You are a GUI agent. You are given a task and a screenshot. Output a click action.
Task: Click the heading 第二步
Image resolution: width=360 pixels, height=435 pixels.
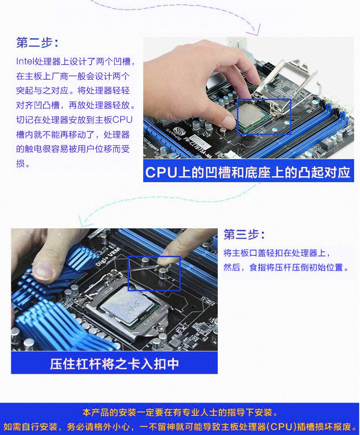point(37,43)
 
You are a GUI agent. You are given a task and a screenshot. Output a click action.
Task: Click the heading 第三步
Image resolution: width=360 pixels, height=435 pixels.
point(244,235)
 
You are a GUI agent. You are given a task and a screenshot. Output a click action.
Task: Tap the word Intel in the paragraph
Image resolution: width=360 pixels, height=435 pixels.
point(25,61)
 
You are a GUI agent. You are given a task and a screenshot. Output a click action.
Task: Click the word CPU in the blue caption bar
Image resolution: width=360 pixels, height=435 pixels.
point(161,172)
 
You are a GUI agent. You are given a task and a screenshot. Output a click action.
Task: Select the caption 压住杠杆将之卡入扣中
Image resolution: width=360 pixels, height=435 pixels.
point(114,364)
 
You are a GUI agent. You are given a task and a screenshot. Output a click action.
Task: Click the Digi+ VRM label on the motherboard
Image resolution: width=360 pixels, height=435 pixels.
point(107,256)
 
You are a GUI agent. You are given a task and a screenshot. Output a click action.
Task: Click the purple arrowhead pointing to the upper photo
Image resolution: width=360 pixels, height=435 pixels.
point(255,30)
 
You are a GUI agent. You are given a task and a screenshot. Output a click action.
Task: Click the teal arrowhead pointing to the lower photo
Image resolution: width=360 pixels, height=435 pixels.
point(83,221)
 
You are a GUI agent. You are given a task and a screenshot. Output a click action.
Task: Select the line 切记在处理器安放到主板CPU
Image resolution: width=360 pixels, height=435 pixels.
point(74,120)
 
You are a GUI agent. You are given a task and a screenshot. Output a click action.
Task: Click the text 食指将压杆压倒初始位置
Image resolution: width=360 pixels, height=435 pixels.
point(296,268)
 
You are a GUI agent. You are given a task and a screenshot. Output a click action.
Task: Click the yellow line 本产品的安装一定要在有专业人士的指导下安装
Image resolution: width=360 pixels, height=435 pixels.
point(180,412)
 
